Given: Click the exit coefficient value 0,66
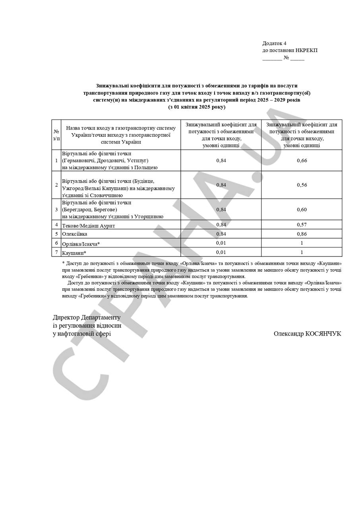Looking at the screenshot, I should [x=302, y=161].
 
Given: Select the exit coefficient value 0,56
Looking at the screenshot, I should [x=302, y=185].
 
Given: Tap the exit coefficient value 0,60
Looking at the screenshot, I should [x=302, y=210].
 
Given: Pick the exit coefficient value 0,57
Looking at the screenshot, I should [x=302, y=225].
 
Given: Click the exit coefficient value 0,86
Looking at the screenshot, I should [x=302, y=234].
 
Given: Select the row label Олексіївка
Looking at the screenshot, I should [x=75, y=234].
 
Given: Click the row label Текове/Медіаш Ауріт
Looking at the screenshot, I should [x=88, y=225].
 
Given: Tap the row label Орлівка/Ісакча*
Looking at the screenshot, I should [x=81, y=243].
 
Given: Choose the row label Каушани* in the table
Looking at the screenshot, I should [x=74, y=253].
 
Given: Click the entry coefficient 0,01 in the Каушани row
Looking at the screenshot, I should [x=221, y=252].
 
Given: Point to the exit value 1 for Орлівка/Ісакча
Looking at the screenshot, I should [x=302, y=243].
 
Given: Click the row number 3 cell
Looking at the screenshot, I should [x=56, y=210].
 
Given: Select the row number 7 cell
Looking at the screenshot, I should [x=56, y=252].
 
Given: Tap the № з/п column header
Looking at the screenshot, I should [x=56, y=135].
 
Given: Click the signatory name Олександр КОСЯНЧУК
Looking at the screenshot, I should [x=307, y=334].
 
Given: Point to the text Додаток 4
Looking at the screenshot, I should [x=274, y=43].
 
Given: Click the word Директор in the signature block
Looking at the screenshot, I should [x=66, y=318].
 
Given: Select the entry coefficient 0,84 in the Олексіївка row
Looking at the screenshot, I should [x=221, y=234].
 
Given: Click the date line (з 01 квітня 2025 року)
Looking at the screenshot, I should [x=197, y=107].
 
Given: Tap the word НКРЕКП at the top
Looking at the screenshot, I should [x=306, y=51].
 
